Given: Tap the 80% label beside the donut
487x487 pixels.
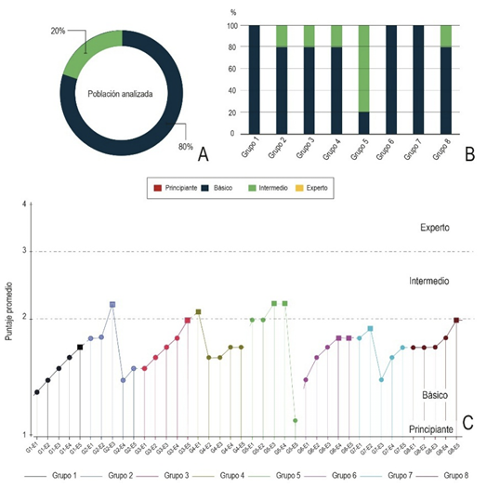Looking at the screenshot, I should (x=186, y=146).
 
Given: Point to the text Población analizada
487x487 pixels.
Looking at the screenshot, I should (x=121, y=94).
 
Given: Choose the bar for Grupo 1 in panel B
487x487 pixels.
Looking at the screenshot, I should (x=254, y=79).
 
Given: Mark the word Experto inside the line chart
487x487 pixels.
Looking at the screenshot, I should (x=436, y=227).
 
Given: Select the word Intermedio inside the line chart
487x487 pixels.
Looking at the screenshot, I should (x=430, y=279).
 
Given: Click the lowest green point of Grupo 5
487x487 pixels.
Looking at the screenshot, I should (x=296, y=420).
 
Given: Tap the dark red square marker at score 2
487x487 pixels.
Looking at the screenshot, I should (x=456, y=320).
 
